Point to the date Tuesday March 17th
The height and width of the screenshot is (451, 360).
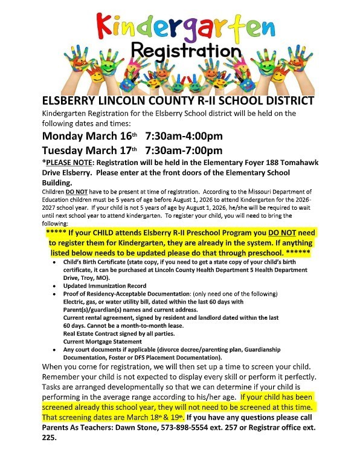(90, 151)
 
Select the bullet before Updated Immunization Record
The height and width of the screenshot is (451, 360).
(56, 285)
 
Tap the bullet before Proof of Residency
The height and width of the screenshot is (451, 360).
(56, 293)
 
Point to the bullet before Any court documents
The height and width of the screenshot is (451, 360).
(56, 349)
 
